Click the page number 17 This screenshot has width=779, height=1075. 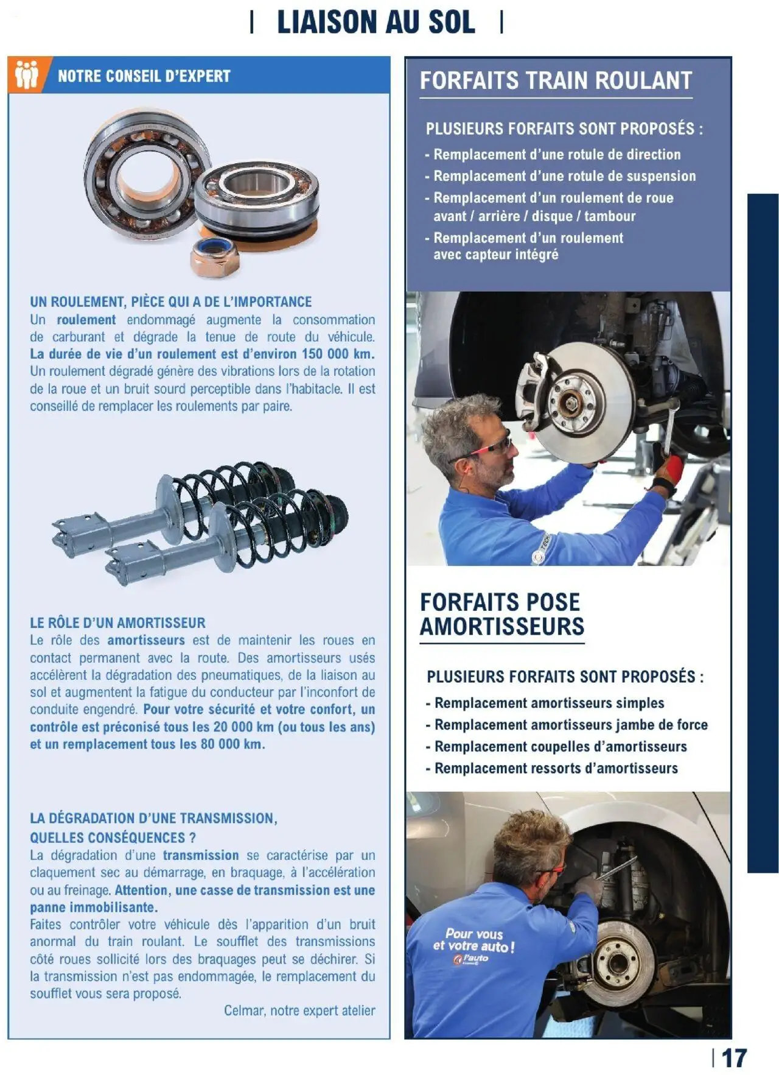point(733,1059)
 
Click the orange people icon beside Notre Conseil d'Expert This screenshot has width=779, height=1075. point(27,75)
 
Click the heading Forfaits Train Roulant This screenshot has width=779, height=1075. point(556,80)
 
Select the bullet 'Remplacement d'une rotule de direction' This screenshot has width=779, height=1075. point(556,155)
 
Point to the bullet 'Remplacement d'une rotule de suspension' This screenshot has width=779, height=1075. point(564,177)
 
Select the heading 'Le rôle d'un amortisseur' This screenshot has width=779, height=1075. point(117,623)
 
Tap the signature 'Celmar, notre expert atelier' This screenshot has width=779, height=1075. point(299,1011)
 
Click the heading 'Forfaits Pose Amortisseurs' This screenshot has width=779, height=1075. point(501,614)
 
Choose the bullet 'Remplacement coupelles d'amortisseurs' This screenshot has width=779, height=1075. point(560,747)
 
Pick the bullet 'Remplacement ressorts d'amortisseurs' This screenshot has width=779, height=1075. point(556,769)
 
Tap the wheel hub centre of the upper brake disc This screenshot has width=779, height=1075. point(573,401)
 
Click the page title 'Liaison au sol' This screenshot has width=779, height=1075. point(376,23)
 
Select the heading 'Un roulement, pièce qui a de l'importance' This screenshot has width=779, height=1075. point(170,302)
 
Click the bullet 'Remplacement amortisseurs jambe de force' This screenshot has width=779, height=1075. point(570,725)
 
